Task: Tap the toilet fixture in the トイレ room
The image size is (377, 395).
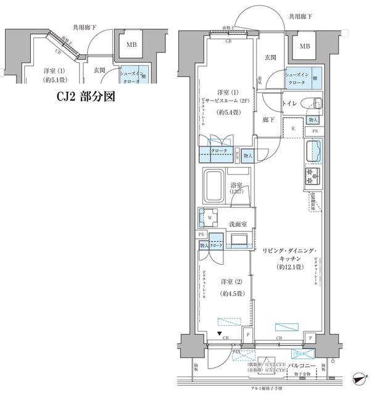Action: click(x=310, y=104)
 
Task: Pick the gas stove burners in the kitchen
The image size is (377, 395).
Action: click(x=313, y=177)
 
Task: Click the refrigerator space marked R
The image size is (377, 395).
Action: click(x=292, y=129)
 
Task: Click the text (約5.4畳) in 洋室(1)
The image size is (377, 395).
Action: click(x=227, y=114)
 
